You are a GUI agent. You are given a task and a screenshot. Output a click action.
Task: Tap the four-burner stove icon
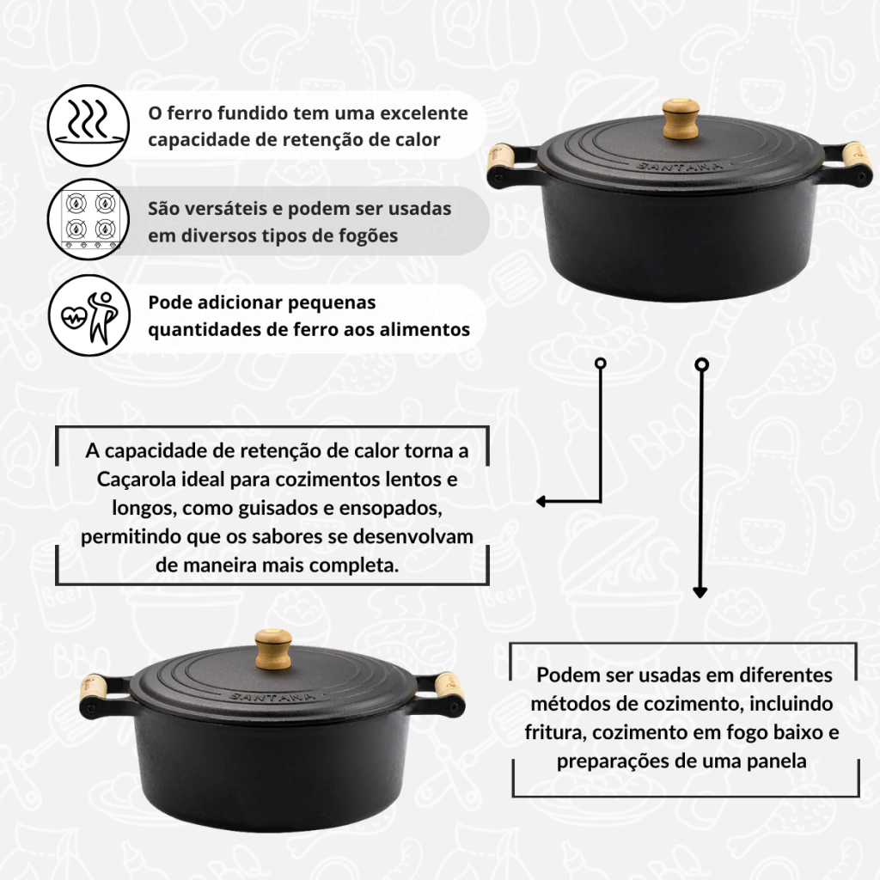coord(89,219)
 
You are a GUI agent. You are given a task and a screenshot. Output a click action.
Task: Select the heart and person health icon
coord(89,315)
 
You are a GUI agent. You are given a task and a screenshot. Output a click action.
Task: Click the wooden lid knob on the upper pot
coord(681,119)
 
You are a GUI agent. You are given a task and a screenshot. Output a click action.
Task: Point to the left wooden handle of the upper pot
coord(502,159)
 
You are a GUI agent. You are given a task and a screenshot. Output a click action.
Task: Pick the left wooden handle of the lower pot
coord(92,690)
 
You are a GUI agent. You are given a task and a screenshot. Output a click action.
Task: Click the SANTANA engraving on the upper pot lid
coord(679,166)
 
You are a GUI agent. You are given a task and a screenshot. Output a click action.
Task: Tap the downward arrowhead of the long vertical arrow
coord(700,592)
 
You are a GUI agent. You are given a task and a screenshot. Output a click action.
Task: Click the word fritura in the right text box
coord(550,732)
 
